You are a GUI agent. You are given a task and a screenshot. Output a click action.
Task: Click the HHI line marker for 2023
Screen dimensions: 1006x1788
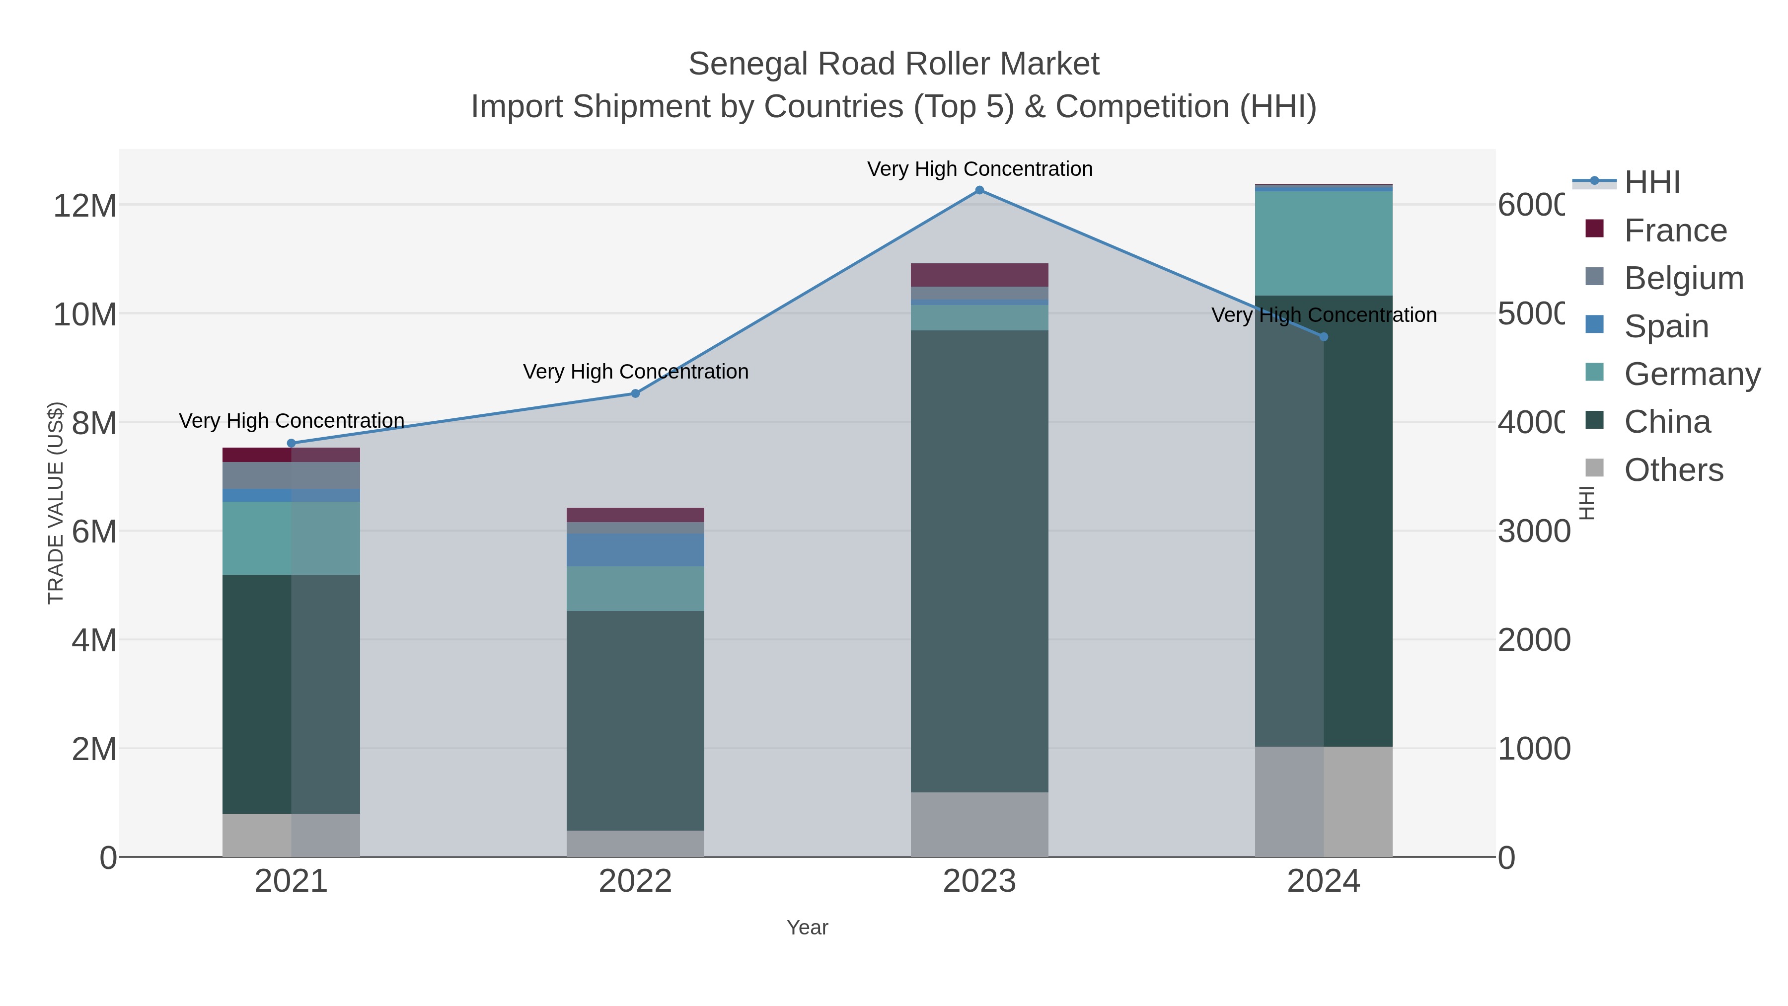(979, 190)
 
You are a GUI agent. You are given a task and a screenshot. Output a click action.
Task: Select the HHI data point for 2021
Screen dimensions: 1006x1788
(291, 444)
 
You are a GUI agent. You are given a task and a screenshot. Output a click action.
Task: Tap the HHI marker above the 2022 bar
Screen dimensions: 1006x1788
(635, 393)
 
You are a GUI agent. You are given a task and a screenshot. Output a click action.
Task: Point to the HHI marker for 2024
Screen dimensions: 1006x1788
(1324, 337)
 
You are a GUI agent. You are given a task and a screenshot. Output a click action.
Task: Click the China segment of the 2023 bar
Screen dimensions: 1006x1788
(979, 561)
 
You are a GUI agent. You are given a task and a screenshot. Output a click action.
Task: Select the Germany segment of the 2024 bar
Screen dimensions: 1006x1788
(1324, 243)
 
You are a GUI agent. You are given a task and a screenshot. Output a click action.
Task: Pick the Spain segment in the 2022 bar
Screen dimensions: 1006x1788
(635, 550)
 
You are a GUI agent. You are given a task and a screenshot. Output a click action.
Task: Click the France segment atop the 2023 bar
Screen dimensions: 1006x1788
(979, 275)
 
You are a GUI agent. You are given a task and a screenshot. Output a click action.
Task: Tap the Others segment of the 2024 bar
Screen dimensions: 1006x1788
(1324, 802)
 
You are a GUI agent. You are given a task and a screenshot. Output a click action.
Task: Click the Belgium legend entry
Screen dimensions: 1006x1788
(1683, 278)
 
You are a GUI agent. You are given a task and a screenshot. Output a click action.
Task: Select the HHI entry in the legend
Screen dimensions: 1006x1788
(1651, 183)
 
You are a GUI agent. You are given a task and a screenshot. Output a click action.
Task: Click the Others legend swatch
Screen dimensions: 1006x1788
(1595, 468)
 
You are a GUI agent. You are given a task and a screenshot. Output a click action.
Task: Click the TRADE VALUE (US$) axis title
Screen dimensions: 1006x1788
(56, 503)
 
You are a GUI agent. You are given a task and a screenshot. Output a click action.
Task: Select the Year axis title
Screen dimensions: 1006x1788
(807, 928)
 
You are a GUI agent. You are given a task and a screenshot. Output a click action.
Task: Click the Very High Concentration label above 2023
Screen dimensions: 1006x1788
(979, 169)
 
